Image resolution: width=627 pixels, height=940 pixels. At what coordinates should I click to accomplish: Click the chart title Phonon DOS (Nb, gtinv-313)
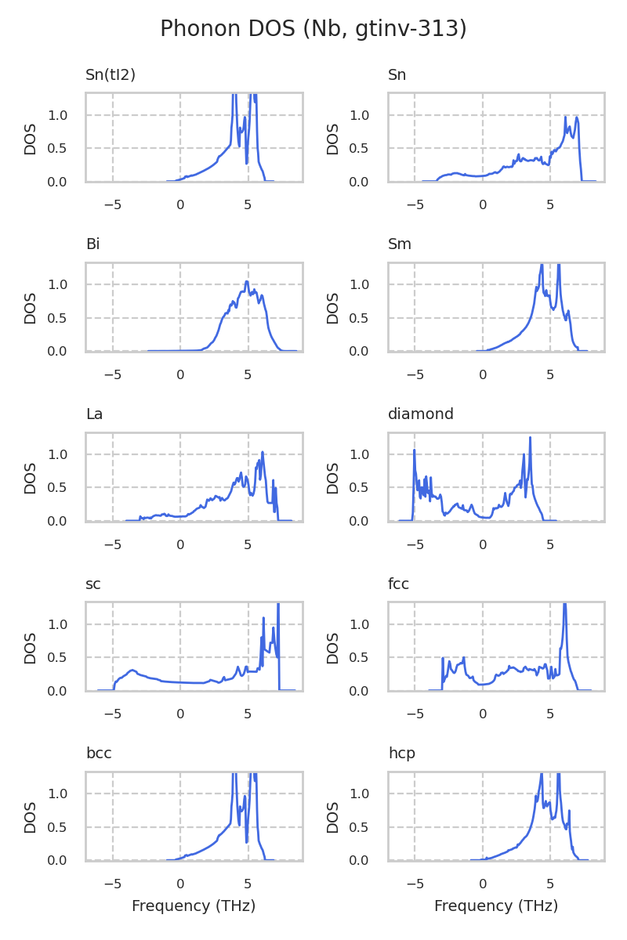313,29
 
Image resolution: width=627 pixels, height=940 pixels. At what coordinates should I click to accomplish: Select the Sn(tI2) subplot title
111,75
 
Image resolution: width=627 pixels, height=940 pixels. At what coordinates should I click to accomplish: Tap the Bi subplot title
92,244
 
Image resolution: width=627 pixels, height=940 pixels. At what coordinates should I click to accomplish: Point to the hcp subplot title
401,754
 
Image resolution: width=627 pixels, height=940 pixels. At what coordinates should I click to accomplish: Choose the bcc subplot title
99,754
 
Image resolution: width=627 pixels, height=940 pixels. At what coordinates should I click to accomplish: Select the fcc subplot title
398,584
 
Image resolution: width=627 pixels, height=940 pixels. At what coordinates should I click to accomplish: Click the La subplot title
94,414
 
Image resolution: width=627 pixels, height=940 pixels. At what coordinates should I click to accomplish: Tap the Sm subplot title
400,244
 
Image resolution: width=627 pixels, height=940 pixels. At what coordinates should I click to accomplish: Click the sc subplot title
93,584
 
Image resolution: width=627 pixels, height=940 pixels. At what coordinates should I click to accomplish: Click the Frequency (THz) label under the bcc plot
194,906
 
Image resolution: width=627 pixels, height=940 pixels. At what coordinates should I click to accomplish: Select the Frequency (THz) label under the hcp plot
496,906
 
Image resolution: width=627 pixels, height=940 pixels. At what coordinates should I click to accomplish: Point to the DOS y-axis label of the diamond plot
333,477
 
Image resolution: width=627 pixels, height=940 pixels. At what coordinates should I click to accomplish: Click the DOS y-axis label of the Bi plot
31,307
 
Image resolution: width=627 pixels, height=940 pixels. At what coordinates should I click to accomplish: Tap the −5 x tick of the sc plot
113,714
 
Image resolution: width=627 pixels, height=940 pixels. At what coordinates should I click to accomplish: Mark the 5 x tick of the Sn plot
550,204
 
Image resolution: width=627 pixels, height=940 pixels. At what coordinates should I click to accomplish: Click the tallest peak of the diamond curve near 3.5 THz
531,438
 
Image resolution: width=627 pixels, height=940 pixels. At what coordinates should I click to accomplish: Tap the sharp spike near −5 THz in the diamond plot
414,450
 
